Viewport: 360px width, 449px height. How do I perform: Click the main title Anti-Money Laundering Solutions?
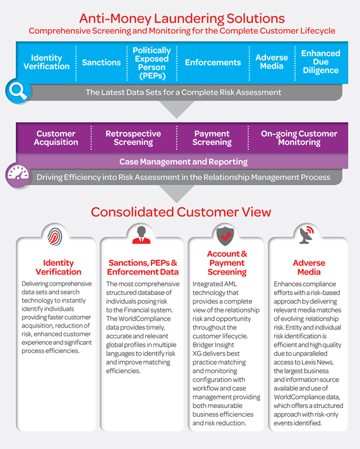pyautogui.click(x=181, y=18)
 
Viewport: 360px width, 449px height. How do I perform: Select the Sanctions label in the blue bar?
pyautogui.click(x=101, y=63)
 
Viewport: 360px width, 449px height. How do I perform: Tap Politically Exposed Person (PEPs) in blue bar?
pyautogui.click(x=152, y=63)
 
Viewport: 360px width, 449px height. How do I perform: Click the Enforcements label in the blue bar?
pyautogui.click(x=212, y=63)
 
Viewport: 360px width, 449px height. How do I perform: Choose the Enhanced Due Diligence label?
pyautogui.click(x=320, y=63)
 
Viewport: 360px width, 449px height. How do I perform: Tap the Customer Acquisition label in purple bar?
pyautogui.click(x=56, y=138)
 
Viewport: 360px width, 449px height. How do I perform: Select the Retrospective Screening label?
pyautogui.click(x=133, y=138)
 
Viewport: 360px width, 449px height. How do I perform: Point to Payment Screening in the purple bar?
pyautogui.click(x=212, y=138)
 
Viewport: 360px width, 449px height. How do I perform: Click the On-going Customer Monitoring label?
pyautogui.click(x=300, y=138)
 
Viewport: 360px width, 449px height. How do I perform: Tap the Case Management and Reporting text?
pyautogui.click(x=183, y=162)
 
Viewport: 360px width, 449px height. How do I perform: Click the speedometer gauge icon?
pyautogui.click(x=18, y=175)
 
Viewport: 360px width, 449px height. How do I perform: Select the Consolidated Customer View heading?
pyautogui.click(x=181, y=212)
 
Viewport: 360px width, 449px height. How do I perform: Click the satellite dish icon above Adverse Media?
pyautogui.click(x=308, y=235)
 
